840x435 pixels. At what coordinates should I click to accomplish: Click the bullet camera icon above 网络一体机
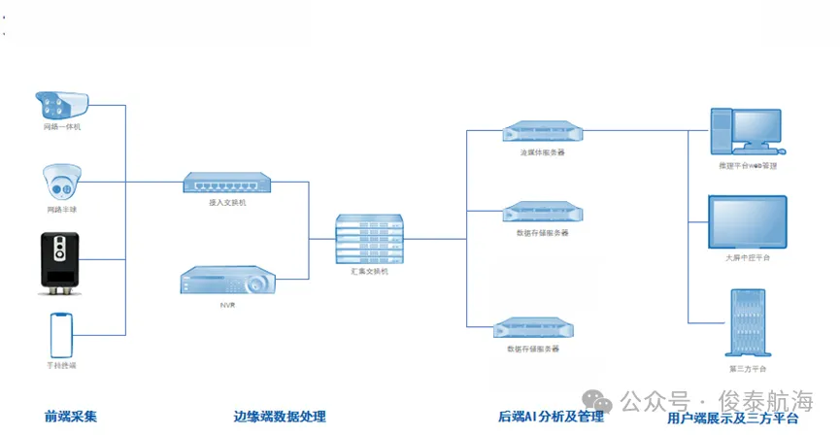[63, 105]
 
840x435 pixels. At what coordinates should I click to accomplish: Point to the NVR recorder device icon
[227, 283]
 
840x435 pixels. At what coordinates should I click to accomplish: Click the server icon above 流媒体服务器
[542, 132]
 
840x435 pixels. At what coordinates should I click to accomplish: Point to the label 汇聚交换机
[370, 272]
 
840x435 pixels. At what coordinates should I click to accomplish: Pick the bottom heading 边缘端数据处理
[280, 417]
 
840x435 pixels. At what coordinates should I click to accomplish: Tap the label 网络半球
[62, 210]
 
